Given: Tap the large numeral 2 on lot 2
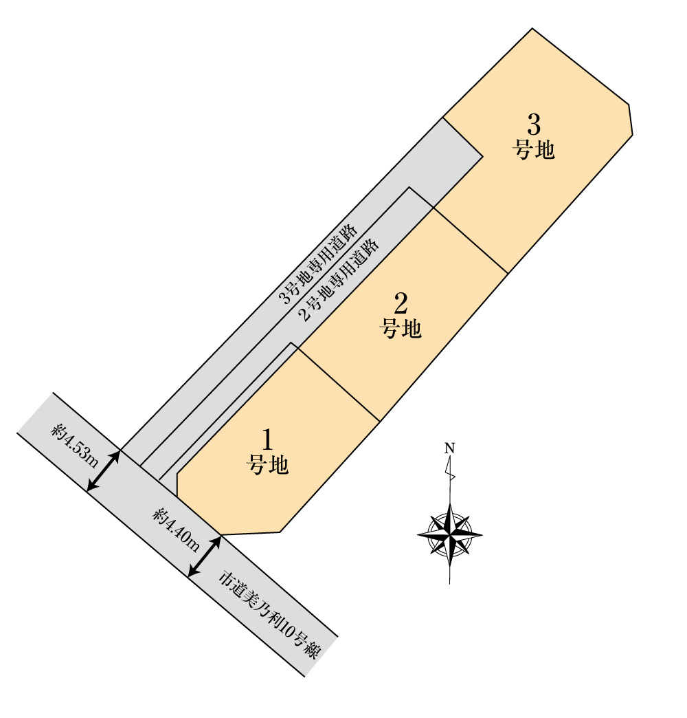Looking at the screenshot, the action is point(401,303).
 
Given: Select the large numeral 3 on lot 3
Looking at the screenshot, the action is point(534,124).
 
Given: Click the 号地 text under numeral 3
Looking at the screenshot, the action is point(533,150).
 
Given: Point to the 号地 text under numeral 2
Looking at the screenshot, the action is point(401,328).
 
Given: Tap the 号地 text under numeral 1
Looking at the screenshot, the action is point(267,465).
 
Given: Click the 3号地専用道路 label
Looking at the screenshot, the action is point(319,264).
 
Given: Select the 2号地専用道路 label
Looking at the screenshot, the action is point(339,279).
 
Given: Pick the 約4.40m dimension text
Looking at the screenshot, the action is point(177,529).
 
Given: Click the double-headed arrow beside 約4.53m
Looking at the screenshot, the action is point(104,471).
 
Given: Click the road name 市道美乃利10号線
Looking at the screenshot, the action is point(269,614).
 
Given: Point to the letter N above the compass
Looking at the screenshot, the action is point(449,448).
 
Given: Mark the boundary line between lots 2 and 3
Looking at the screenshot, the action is point(471,241).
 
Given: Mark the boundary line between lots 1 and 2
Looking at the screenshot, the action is point(339,384).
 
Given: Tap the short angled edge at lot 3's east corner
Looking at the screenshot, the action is point(631,120).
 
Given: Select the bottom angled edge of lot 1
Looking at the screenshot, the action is point(251,534).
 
